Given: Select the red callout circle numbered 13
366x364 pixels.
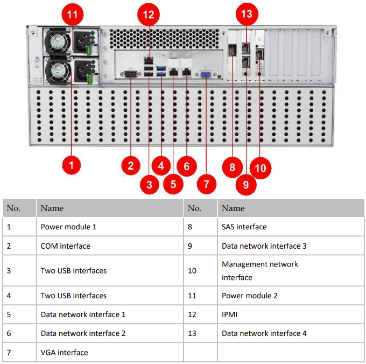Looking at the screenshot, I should click(247, 15).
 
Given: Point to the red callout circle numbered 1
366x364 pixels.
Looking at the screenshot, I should click(71, 163).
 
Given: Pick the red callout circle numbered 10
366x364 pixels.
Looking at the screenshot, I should click(260, 168).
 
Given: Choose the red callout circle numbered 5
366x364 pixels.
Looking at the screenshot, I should click(173, 183).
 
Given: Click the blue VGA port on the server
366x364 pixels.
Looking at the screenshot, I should click(205, 75).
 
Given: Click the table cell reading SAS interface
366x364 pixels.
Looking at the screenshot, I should click(244, 227).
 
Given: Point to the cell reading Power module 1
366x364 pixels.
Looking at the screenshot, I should click(68, 227).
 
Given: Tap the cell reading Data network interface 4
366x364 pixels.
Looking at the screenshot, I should click(264, 333).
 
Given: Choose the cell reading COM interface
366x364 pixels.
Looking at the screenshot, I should click(65, 246).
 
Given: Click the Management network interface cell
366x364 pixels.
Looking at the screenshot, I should click(259, 271).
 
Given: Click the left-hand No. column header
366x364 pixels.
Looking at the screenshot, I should click(14, 208).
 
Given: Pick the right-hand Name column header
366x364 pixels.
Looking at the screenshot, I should click(233, 208).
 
